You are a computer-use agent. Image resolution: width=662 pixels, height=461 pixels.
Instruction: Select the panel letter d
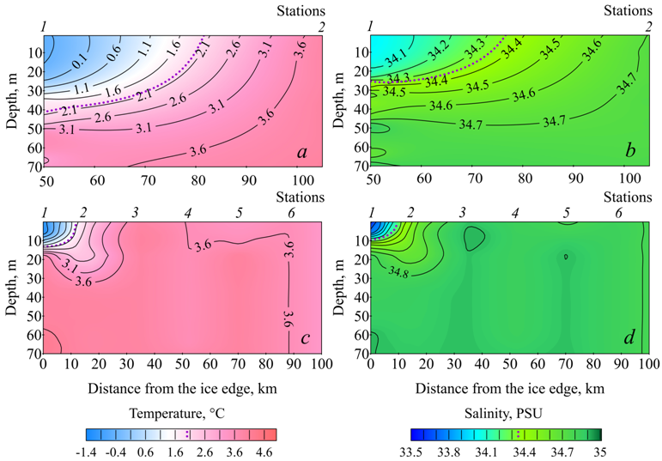click(x=630, y=339)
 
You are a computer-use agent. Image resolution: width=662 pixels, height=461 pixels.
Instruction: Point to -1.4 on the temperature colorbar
click(x=94, y=451)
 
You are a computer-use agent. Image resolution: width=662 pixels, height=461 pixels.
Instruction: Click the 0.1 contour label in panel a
click(x=80, y=62)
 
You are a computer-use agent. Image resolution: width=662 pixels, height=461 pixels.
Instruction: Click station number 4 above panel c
click(x=186, y=212)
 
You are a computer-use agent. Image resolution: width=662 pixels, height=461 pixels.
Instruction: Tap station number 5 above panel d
click(x=567, y=212)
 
